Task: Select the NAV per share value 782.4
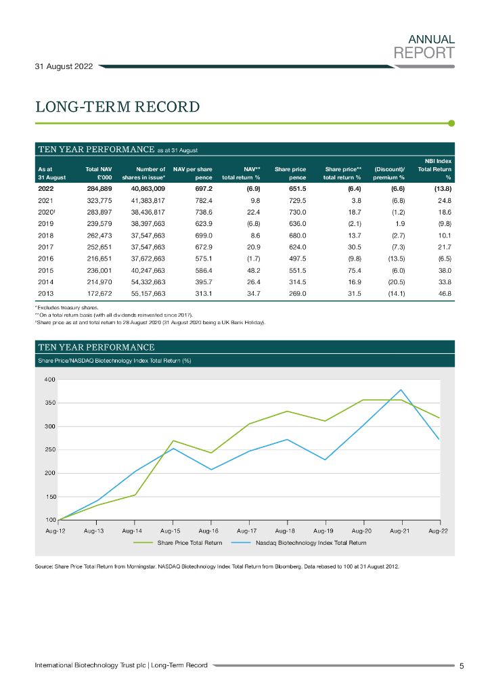coord(201,201)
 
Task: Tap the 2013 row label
coord(45,293)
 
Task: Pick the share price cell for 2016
coord(294,258)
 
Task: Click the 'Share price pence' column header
coord(290,173)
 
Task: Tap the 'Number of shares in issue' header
coord(143,173)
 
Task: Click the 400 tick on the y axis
coord(49,380)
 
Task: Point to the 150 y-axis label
coord(49,497)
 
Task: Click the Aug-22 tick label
coord(439,532)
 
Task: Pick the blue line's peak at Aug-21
coord(401,390)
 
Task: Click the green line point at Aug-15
coord(173,441)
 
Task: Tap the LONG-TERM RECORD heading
coord(117,107)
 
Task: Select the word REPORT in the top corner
coord(424,52)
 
